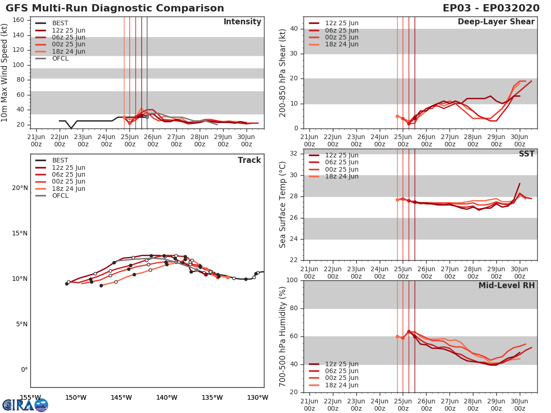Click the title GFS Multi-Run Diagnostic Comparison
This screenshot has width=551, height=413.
coord(115,8)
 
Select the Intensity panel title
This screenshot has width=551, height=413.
coord(242,22)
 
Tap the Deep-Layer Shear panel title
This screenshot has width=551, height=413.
coord(496,22)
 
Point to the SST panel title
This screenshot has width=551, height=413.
coord(526,154)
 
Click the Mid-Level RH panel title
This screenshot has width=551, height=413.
coord(506,285)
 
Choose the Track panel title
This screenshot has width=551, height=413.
coord(249,160)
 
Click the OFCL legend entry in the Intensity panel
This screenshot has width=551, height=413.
coord(60,58)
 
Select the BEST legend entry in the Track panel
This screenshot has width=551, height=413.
coord(60,160)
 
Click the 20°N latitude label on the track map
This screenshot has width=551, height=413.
coord(19,188)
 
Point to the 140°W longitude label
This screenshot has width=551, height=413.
coord(166,397)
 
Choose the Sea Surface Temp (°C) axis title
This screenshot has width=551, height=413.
coord(283,205)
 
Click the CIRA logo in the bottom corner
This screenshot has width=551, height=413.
coord(25,405)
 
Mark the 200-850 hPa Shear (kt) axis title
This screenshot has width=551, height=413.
coord(283,73)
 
